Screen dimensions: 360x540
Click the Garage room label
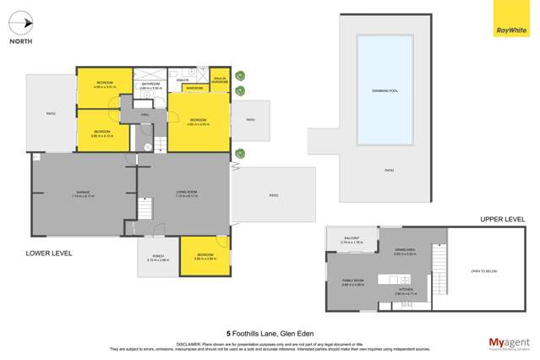[84, 194]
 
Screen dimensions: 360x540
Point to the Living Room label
[187, 194]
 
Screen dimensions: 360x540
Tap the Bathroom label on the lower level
[151, 85]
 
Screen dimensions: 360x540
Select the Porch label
[158, 259]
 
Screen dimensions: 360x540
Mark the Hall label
[145, 113]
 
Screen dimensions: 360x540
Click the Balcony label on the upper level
[351, 239]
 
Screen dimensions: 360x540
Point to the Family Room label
[352, 282]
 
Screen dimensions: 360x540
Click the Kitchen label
[406, 292]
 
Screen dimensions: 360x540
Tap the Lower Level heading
[49, 253]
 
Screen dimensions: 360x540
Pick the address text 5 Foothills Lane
[270, 333]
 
